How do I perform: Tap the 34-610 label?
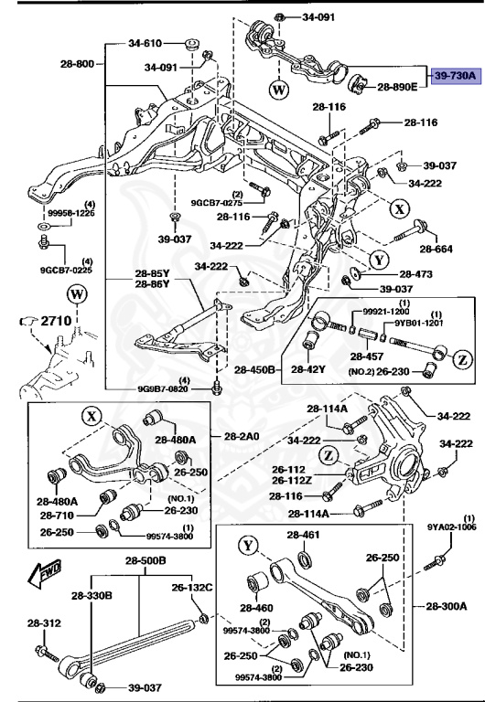(x=145, y=43)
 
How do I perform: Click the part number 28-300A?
(x=446, y=606)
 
